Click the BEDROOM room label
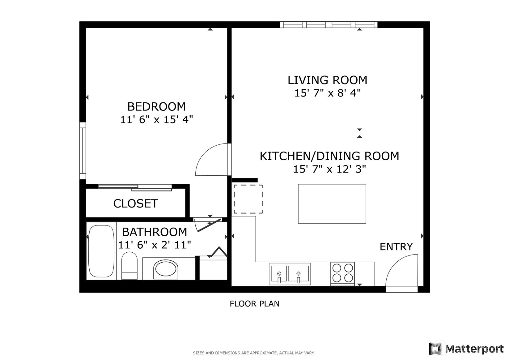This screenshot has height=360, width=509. [x=156, y=107]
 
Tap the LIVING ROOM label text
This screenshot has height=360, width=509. [x=328, y=80]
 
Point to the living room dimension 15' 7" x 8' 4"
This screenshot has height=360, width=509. [x=328, y=93]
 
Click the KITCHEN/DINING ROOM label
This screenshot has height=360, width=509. [x=329, y=156]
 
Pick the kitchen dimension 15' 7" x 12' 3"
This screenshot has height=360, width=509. [x=329, y=169]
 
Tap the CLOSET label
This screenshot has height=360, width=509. [x=136, y=204]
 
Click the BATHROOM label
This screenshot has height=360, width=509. [x=155, y=232]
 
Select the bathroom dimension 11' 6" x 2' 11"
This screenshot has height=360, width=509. [x=155, y=245]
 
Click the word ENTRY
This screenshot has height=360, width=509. [x=396, y=247]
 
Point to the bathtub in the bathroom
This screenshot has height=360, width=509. [x=101, y=251]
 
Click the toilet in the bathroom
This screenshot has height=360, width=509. [x=129, y=265]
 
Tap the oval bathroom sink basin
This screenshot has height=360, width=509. [x=166, y=269]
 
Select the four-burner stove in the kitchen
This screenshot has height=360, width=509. [x=342, y=274]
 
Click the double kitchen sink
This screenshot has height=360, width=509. [x=290, y=274]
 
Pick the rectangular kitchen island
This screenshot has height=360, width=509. [x=332, y=204]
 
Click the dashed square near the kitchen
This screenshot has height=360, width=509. [x=248, y=199]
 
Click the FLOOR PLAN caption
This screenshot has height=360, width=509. [x=255, y=304]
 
